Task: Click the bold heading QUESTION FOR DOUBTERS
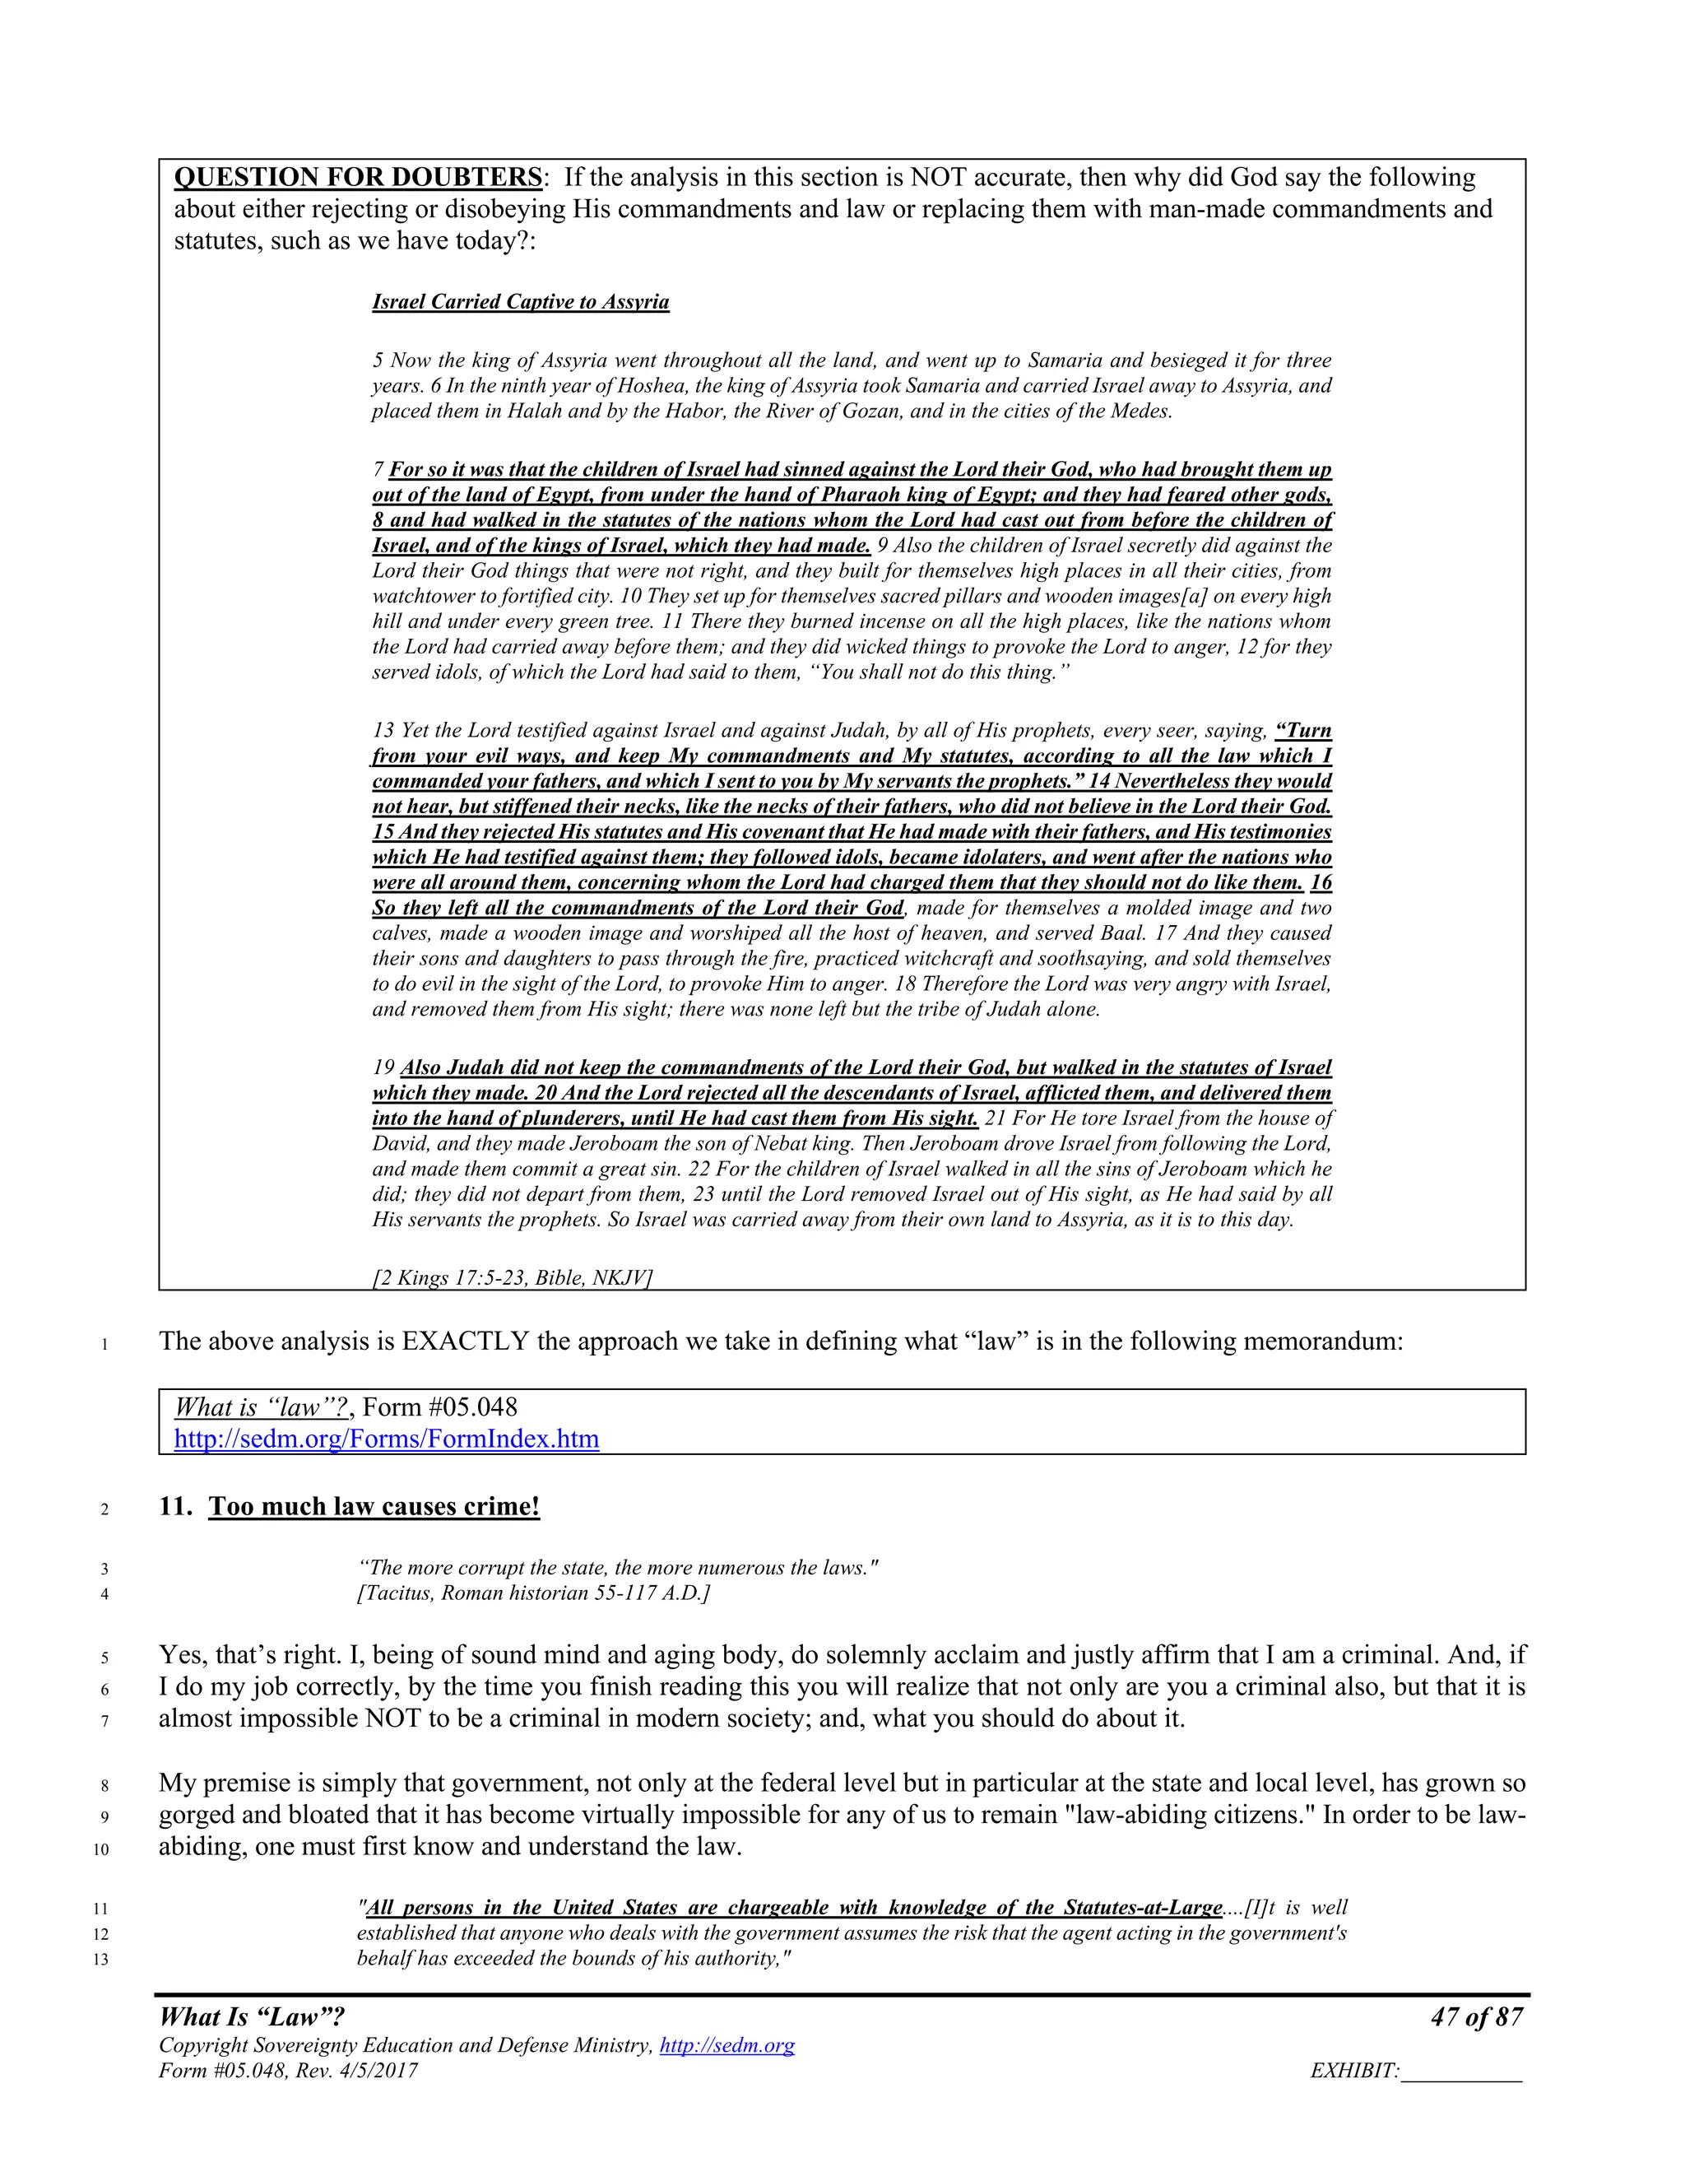pos(357,178)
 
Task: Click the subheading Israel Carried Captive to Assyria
pos(520,301)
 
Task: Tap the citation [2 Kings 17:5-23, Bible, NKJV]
pos(512,1277)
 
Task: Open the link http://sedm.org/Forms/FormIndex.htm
pos(387,1439)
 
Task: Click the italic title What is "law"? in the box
pos(261,1407)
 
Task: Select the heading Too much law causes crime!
pos(374,1506)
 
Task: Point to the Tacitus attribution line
pos(533,1593)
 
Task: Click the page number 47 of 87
pos(1476,2017)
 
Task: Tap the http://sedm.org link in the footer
pos(726,2045)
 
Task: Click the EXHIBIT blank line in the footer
pos(1461,2072)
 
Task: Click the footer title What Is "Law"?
pos(252,2017)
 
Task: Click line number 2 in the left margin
pos(104,1509)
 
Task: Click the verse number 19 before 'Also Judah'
pos(383,1067)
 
